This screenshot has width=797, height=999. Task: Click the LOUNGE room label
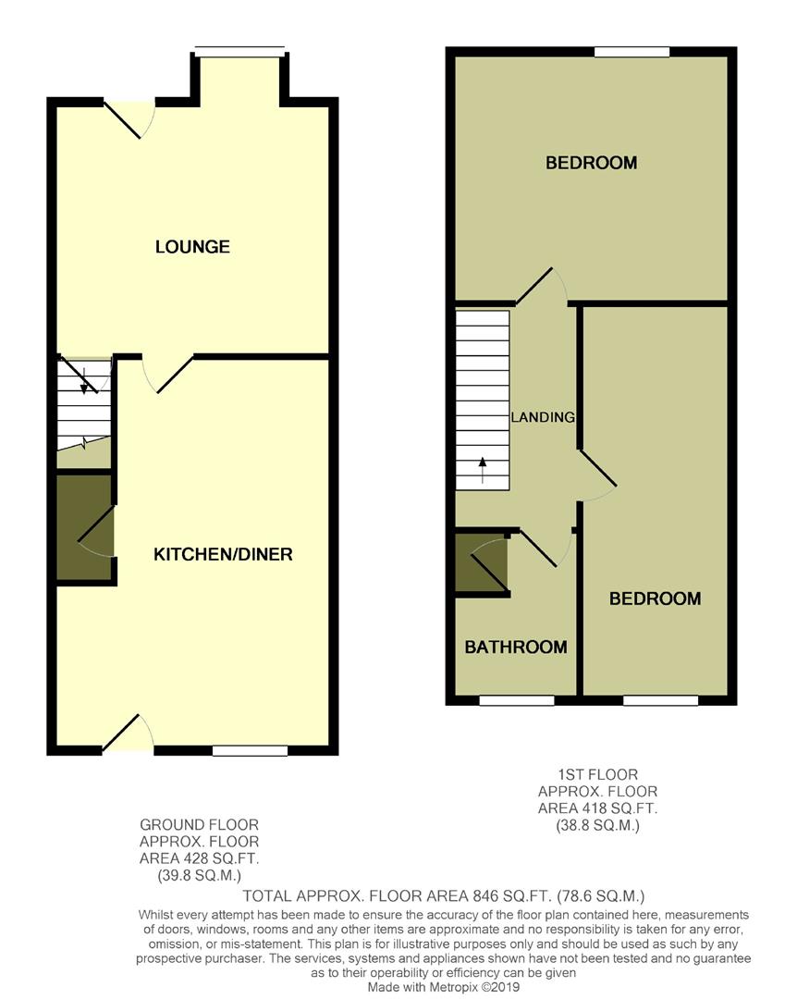192,247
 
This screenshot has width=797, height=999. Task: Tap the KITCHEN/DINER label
223,554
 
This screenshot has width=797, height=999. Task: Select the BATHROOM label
515,647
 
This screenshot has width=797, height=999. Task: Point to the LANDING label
543,417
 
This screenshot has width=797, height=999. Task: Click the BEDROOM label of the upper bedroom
591,163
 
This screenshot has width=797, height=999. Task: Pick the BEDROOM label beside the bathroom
655,598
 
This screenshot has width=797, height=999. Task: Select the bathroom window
516,700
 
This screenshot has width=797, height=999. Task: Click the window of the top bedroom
631,52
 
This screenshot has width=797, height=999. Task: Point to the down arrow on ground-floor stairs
84,381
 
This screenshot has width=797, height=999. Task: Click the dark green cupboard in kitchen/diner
84,528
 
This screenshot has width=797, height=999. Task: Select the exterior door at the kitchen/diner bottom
128,734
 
